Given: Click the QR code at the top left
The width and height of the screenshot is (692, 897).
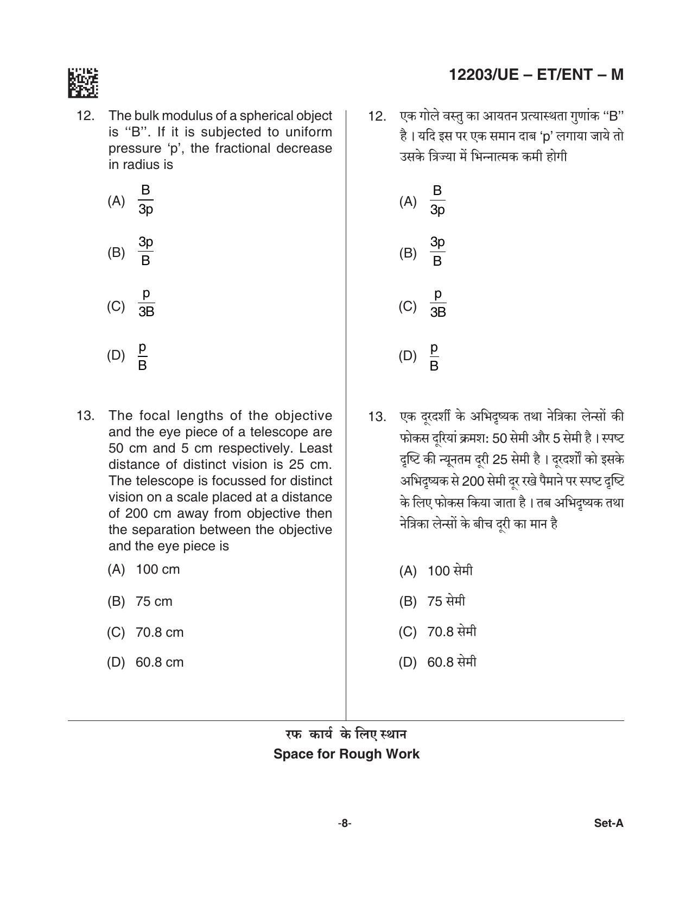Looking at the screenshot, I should [83, 83].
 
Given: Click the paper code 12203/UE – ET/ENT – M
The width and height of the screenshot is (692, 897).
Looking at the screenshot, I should [536, 75].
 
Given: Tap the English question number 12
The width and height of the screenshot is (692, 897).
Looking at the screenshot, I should [86, 116].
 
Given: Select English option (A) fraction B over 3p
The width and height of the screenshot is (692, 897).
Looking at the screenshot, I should [145, 200].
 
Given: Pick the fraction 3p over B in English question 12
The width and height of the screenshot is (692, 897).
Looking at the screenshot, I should [145, 251].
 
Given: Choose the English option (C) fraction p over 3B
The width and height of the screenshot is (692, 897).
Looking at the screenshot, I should [146, 303].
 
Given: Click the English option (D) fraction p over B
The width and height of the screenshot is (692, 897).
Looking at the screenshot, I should [142, 356].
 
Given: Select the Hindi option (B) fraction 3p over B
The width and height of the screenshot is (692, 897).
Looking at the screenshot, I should [437, 252].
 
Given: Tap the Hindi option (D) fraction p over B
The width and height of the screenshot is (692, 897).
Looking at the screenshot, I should [434, 356].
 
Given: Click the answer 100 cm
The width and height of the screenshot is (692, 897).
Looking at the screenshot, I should [157, 569].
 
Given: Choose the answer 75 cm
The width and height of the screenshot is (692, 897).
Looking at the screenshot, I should [154, 601].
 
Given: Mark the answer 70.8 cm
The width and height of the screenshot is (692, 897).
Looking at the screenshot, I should [160, 632].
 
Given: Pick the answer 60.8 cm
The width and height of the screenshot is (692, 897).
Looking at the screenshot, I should [160, 662].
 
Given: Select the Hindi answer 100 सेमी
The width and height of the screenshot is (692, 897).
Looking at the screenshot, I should [450, 570].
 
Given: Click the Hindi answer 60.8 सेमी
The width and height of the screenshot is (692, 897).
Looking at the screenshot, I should [452, 662].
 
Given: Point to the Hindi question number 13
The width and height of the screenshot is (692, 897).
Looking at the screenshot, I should [377, 417].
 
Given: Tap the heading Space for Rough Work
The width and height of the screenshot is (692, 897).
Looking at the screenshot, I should [346, 754].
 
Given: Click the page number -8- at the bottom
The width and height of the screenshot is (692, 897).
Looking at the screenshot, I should [344, 823].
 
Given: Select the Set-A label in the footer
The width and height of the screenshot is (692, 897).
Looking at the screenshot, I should [608, 823].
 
